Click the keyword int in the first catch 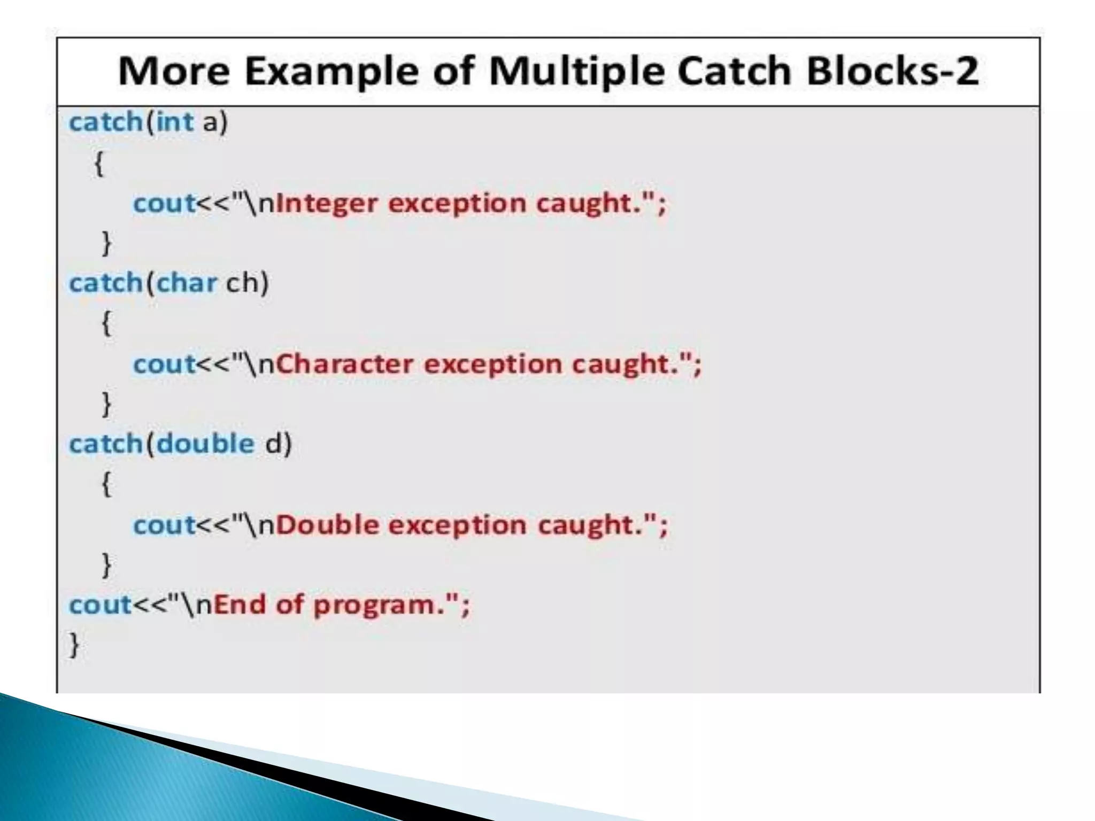pos(175,122)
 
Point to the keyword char pos(187,283)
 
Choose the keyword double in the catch pos(206,444)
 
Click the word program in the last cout pos(374,606)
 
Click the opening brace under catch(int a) pos(99,163)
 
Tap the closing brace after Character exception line pos(107,404)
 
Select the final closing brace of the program pos(74,646)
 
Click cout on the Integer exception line pos(164,204)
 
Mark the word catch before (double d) pos(105,444)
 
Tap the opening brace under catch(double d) pos(107,484)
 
